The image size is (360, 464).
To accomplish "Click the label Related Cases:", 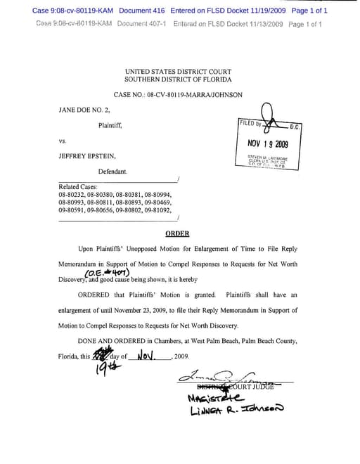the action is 78,187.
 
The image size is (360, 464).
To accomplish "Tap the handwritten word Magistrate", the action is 214,398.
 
